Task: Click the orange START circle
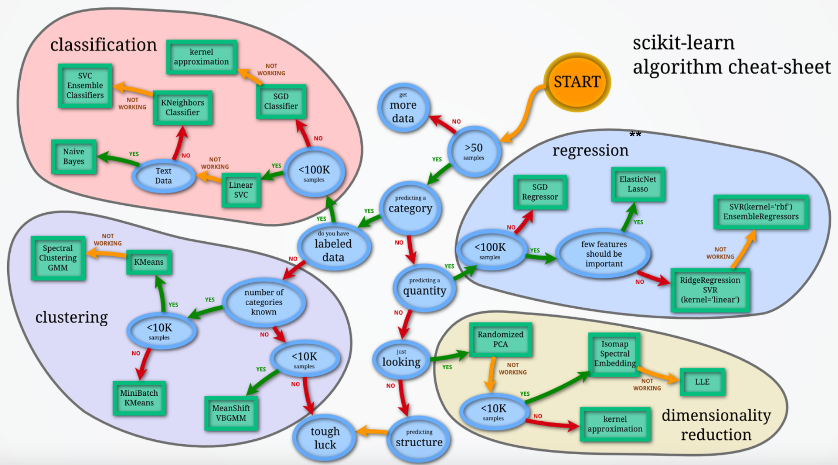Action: tap(577, 82)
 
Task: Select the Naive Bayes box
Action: tap(74, 157)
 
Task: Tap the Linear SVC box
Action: tap(241, 190)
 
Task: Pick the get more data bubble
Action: tap(403, 108)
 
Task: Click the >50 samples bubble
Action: tap(474, 151)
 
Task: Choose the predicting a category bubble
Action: tap(410, 207)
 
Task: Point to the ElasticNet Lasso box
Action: tap(638, 184)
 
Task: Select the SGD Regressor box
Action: tap(540, 192)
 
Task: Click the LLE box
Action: tap(702, 382)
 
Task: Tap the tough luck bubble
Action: tap(325, 438)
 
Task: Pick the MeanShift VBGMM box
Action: tap(231, 413)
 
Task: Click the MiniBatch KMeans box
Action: tap(139, 398)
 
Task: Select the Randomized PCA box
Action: tap(500, 339)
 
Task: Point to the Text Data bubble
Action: tap(163, 176)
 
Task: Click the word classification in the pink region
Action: tap(104, 45)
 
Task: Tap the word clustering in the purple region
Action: tap(71, 318)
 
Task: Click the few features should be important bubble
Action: tap(604, 254)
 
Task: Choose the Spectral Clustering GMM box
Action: tap(58, 258)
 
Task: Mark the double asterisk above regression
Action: tap(635, 134)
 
